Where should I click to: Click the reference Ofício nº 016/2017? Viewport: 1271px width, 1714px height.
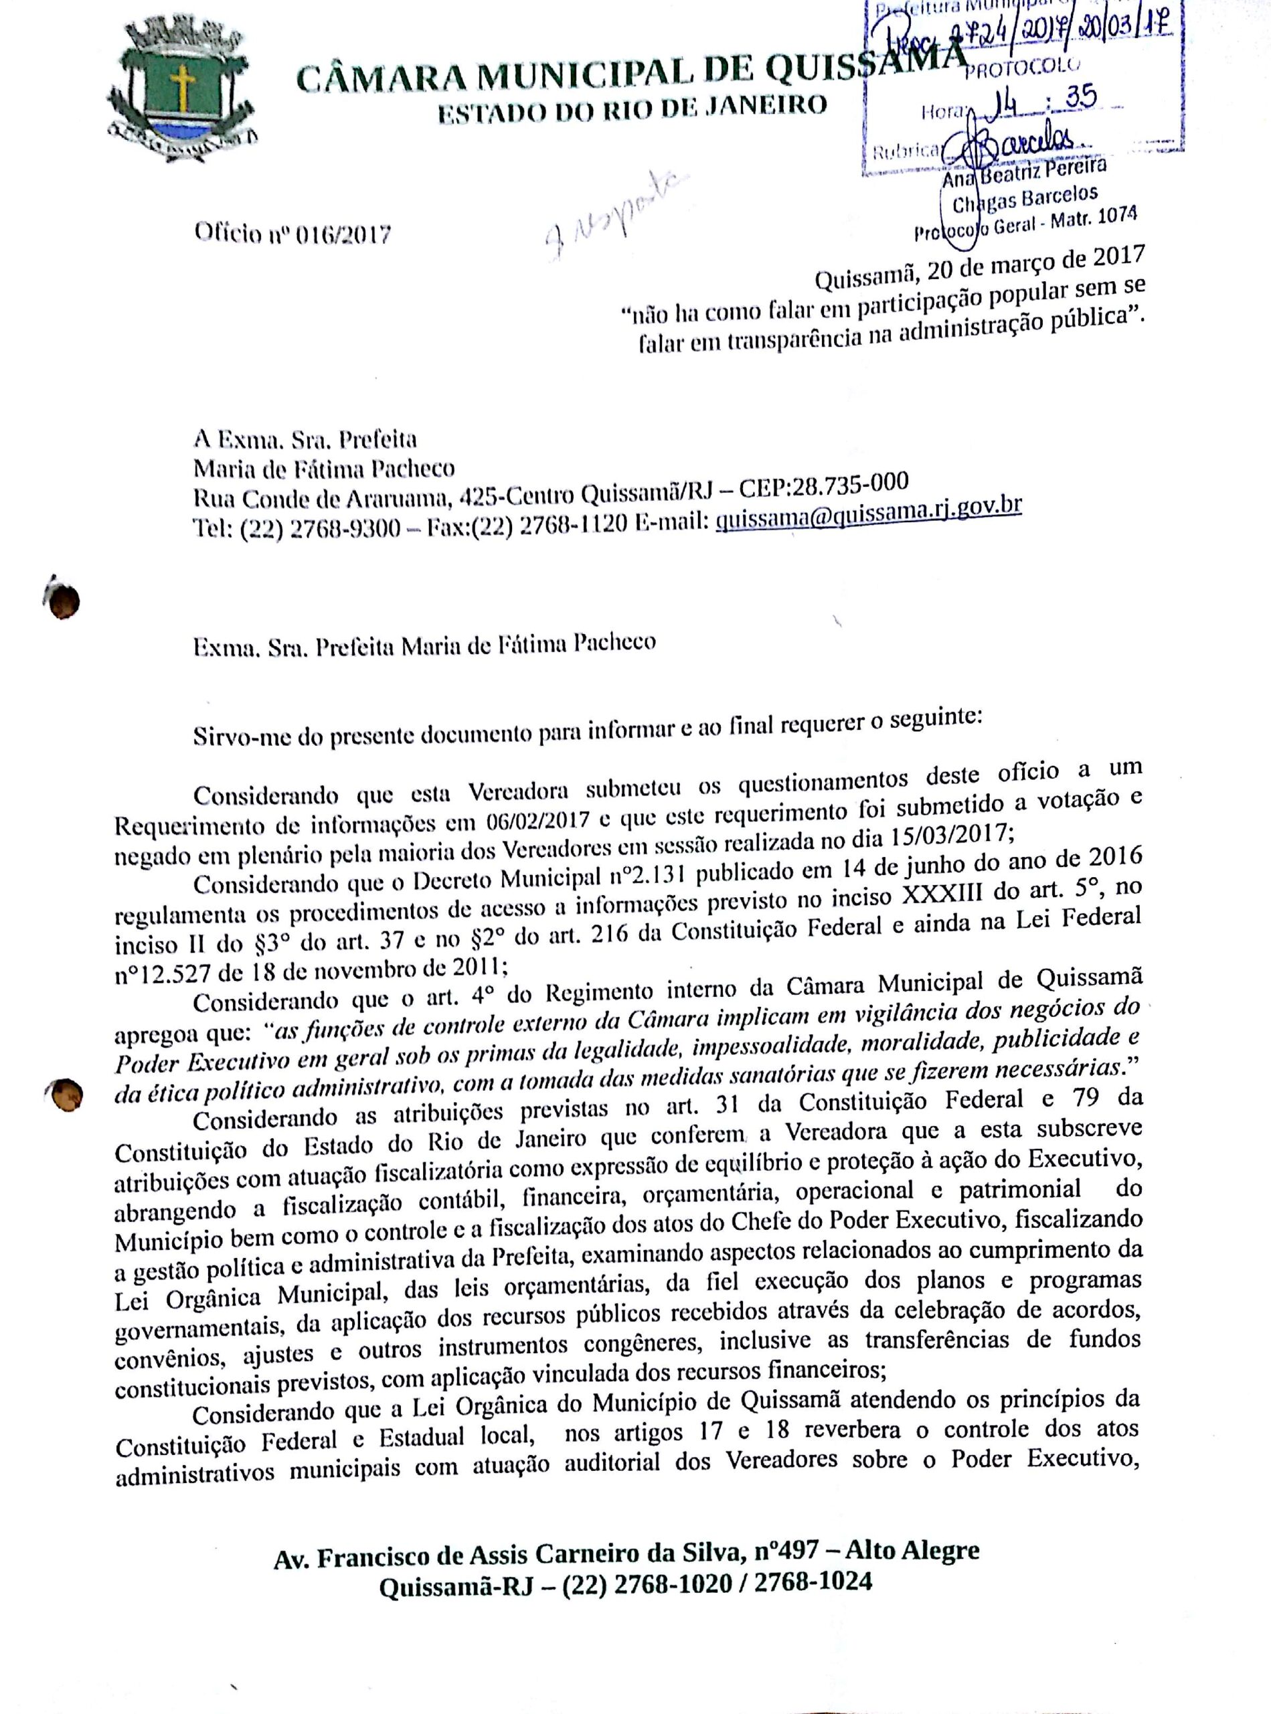pyautogui.click(x=292, y=233)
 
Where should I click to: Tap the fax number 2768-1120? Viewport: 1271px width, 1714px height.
pyautogui.click(x=578, y=526)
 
